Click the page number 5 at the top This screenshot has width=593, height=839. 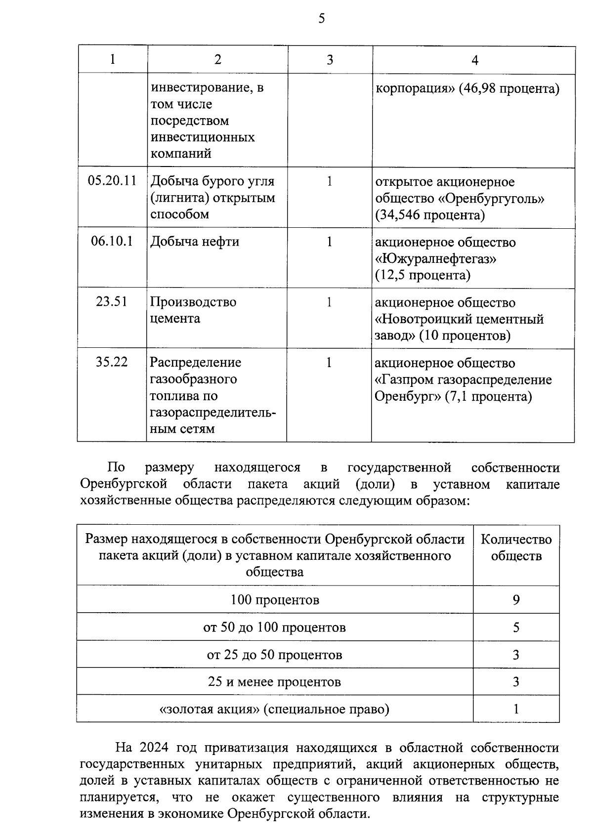tap(322, 19)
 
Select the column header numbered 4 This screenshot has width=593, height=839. tap(474, 60)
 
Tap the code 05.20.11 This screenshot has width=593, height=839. tap(112, 181)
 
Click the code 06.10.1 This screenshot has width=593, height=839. tap(112, 242)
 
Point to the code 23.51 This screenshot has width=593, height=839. tap(112, 302)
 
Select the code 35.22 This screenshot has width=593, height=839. tap(112, 362)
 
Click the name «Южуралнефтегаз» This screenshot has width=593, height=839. tap(436, 259)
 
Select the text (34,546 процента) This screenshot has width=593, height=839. tap(430, 215)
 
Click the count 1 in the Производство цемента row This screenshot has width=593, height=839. tap(329, 302)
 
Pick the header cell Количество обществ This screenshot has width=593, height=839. tap(516, 547)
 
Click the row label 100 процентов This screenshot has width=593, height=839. tap(275, 600)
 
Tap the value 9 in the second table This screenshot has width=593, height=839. tap(516, 600)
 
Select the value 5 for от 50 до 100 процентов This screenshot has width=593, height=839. tap(516, 628)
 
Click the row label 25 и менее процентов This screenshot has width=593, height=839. tap(275, 682)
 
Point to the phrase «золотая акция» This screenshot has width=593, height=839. tap(210, 710)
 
